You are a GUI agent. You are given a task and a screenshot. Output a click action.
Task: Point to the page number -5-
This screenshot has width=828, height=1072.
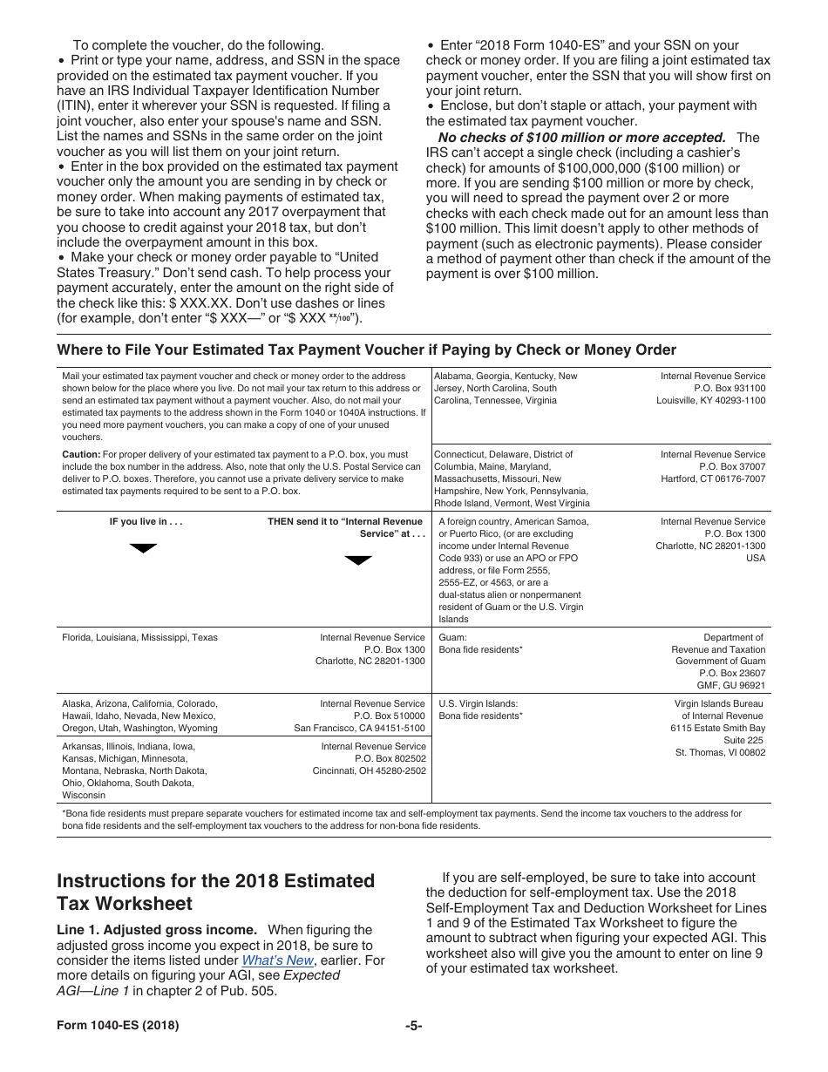click(x=413, y=1026)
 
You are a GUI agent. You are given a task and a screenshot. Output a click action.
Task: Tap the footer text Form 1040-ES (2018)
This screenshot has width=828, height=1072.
click(x=118, y=1026)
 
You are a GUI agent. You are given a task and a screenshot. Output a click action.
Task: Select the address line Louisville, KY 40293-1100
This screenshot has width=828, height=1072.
click(x=710, y=401)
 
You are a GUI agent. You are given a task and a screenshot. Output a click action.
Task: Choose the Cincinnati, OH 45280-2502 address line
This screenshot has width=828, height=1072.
click(x=369, y=770)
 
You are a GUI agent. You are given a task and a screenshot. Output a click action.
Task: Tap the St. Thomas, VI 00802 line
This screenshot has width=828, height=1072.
click(x=720, y=752)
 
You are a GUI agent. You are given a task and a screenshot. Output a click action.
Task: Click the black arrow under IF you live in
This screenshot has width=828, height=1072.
click(x=143, y=548)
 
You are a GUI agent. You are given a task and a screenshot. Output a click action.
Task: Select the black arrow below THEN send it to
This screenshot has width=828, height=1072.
click(x=358, y=560)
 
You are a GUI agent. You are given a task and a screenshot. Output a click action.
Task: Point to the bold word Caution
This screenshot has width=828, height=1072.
click(x=80, y=455)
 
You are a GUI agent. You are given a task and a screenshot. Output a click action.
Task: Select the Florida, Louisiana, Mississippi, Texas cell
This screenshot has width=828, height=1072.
click(x=139, y=638)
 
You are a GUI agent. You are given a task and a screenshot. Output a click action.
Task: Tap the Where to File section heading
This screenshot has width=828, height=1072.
click(x=366, y=349)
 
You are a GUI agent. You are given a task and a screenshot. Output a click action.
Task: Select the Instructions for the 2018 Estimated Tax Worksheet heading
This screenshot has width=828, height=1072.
click(x=215, y=892)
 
